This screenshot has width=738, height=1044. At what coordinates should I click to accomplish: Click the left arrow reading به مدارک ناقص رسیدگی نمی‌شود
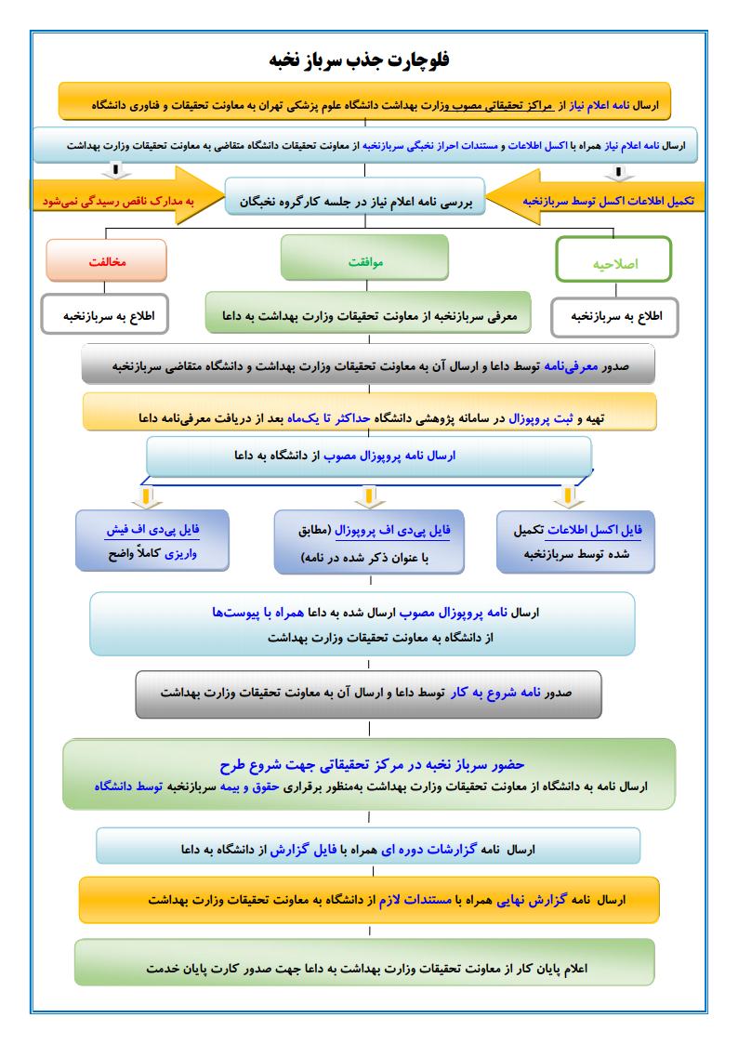(x=121, y=200)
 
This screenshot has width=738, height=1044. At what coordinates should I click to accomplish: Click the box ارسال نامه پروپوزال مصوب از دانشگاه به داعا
(x=369, y=456)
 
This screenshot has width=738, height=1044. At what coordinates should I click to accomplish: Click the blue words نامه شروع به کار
(x=487, y=694)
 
